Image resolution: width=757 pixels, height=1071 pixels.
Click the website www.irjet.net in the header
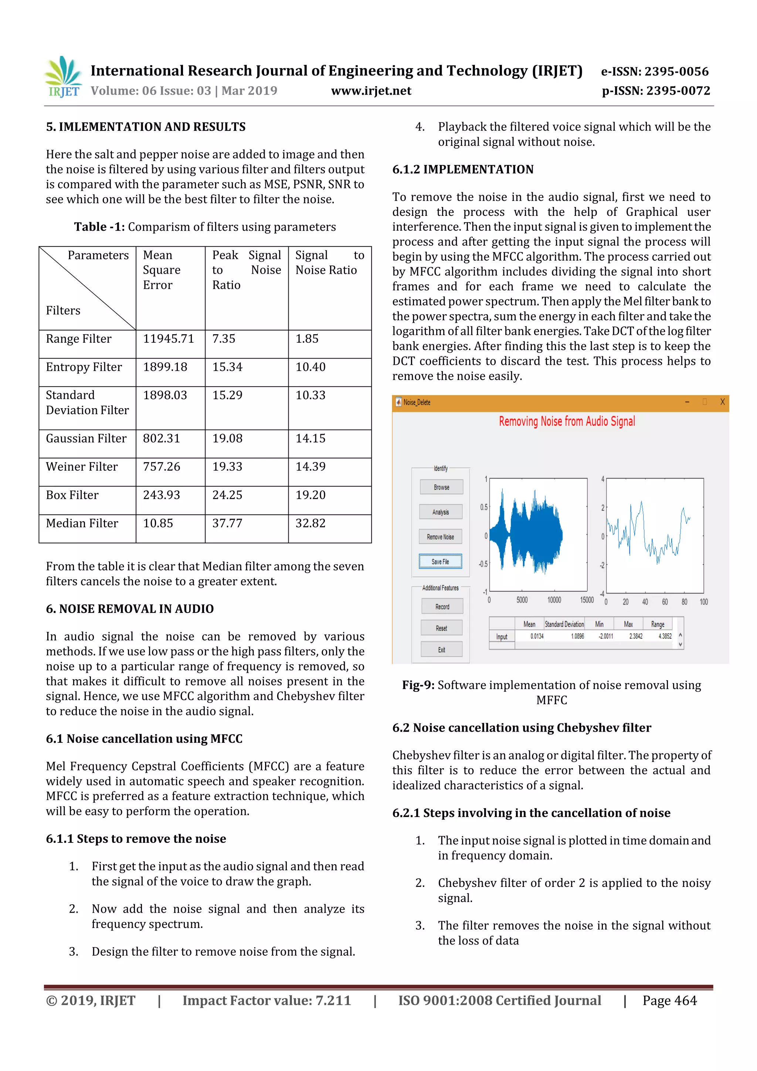click(371, 91)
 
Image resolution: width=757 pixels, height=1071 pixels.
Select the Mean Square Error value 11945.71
click(169, 339)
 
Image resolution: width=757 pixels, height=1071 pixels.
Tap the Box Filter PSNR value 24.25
click(227, 495)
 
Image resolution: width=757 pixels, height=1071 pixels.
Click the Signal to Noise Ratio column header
click(329, 262)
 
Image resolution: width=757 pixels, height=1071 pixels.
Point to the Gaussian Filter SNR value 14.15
click(310, 438)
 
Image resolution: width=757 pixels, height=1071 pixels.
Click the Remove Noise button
click(440, 537)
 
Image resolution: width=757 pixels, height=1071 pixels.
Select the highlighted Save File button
click(440, 562)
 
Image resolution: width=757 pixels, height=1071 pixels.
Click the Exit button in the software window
click(441, 650)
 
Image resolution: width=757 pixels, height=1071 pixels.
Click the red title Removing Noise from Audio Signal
click(567, 422)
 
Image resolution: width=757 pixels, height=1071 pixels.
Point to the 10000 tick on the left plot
click(554, 600)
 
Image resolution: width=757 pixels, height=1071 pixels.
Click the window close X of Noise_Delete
click(722, 402)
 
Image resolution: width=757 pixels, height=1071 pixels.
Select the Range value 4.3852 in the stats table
click(665, 636)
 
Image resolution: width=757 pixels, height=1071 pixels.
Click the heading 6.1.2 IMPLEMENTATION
click(463, 169)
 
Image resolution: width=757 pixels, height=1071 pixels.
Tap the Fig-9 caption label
click(418, 685)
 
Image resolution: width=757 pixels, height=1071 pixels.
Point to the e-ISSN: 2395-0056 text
click(654, 71)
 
